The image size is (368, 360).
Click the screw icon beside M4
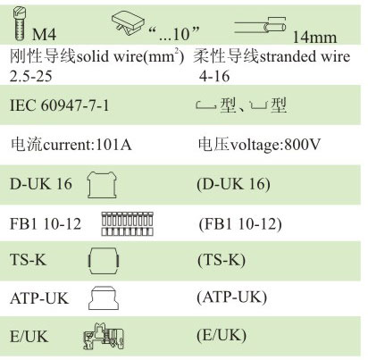21,24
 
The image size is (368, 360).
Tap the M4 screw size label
44,34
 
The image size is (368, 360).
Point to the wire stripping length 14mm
314,38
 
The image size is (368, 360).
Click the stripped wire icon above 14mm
260,26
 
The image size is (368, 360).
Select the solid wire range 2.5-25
31,76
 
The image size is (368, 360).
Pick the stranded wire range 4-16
214,76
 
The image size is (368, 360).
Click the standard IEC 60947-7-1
60,105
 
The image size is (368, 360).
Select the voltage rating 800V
302,145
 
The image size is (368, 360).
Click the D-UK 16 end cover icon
102,185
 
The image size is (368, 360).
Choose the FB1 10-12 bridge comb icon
127,223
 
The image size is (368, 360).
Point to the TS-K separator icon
104,261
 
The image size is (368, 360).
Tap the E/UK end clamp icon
104,336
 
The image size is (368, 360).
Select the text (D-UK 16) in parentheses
233,184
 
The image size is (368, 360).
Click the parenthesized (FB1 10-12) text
240,224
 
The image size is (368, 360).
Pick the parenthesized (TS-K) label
222,260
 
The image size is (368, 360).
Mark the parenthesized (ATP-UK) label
231,297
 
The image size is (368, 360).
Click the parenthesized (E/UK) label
222,335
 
